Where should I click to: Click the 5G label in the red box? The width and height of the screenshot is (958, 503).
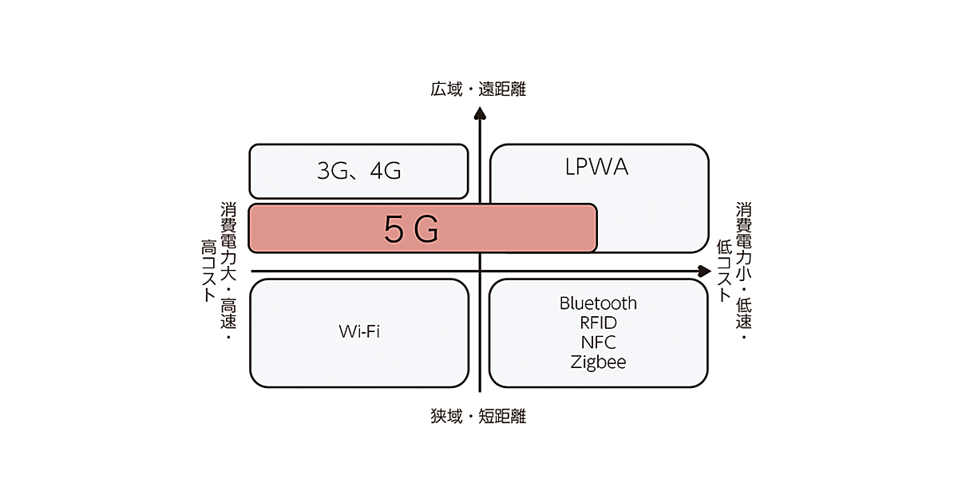click(x=411, y=230)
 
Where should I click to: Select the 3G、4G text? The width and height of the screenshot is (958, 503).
click(x=358, y=171)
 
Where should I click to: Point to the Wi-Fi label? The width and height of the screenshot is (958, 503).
click(x=358, y=331)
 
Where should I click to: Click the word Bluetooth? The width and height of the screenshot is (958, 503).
click(x=598, y=303)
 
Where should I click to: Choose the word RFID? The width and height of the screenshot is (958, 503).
click(x=598, y=323)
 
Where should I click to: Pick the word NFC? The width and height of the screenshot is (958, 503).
click(x=598, y=343)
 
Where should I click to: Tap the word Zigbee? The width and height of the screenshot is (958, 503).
click(x=598, y=362)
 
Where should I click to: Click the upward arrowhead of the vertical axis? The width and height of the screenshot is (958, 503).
click(x=480, y=115)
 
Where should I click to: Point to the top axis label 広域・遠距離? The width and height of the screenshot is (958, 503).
click(x=478, y=89)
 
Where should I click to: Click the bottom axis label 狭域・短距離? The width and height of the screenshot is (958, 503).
click(x=478, y=416)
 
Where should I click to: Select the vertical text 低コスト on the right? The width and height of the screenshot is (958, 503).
click(x=725, y=271)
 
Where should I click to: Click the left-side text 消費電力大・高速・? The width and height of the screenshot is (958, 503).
click(x=228, y=271)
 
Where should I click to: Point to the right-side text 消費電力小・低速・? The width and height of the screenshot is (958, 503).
click(x=744, y=271)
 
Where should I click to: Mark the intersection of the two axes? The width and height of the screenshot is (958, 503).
click(x=480, y=271)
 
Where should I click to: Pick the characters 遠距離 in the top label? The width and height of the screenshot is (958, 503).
click(x=502, y=89)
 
